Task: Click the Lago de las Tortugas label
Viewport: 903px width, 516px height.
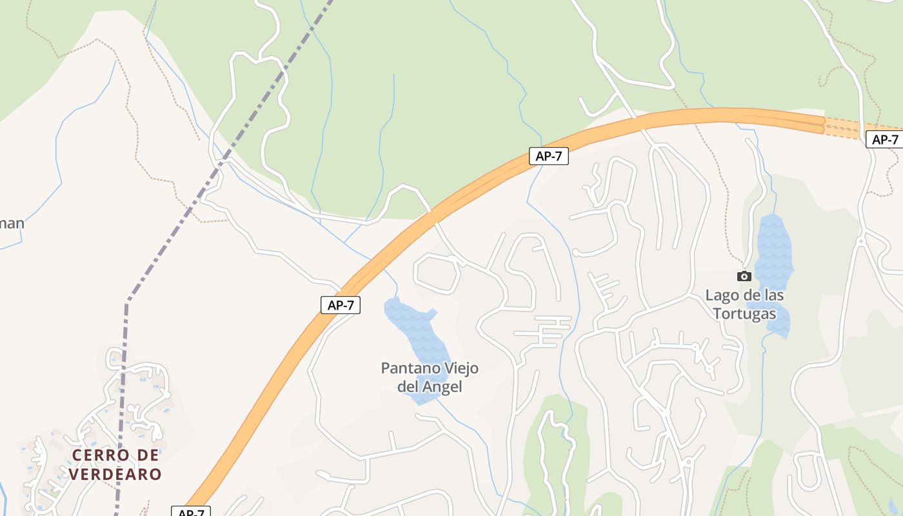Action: pyautogui.click(x=744, y=304)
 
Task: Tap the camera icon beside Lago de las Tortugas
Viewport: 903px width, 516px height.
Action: pyautogui.click(x=744, y=276)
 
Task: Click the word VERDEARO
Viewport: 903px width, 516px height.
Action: pyautogui.click(x=115, y=475)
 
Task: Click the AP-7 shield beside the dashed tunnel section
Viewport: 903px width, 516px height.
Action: pyautogui.click(x=884, y=139)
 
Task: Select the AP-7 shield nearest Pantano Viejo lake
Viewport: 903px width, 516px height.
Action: pyautogui.click(x=341, y=305)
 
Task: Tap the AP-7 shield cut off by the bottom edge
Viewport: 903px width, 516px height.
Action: pyautogui.click(x=191, y=512)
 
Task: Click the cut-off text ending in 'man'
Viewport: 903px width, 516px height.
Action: pyautogui.click(x=12, y=224)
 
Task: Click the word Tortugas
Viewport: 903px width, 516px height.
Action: pyautogui.click(x=744, y=314)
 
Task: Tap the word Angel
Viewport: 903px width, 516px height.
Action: pyautogui.click(x=442, y=387)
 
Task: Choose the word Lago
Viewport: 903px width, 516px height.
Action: pyautogui.click(x=719, y=295)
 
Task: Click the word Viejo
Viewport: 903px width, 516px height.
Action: pyautogui.click(x=460, y=368)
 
